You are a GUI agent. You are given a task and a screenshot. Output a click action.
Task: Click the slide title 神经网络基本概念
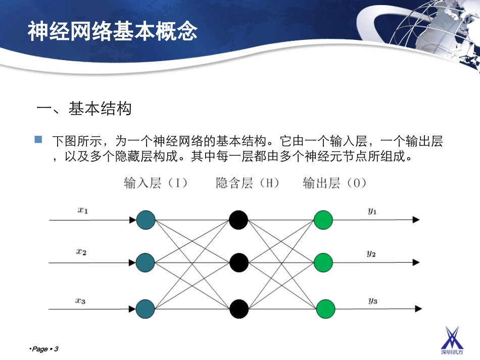pos(112,31)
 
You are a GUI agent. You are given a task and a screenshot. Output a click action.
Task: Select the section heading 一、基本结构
pos(84,109)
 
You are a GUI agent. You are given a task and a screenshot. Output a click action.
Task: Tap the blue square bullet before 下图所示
pos(38,139)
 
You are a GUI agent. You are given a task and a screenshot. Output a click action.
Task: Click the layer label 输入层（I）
pos(156,183)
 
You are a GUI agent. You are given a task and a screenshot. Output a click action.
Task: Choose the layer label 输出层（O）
pos(335,183)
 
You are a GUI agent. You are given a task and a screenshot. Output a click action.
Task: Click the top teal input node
pos(145,220)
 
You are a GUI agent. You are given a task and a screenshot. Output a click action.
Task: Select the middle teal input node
pos(145,263)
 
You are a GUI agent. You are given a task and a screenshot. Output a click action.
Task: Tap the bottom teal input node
pos(145,308)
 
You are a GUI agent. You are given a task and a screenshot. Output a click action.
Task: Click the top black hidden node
pos(238,220)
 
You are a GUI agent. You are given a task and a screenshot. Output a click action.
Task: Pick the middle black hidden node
pos(238,263)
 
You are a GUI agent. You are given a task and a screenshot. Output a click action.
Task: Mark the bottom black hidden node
pos(238,308)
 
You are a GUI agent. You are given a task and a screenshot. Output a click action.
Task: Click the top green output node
pos(323,220)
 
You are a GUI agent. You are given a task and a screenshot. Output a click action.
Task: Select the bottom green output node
pos(323,308)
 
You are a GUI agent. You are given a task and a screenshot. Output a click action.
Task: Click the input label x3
pos(80,301)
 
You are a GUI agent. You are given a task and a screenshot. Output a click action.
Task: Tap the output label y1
pos(372,211)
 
